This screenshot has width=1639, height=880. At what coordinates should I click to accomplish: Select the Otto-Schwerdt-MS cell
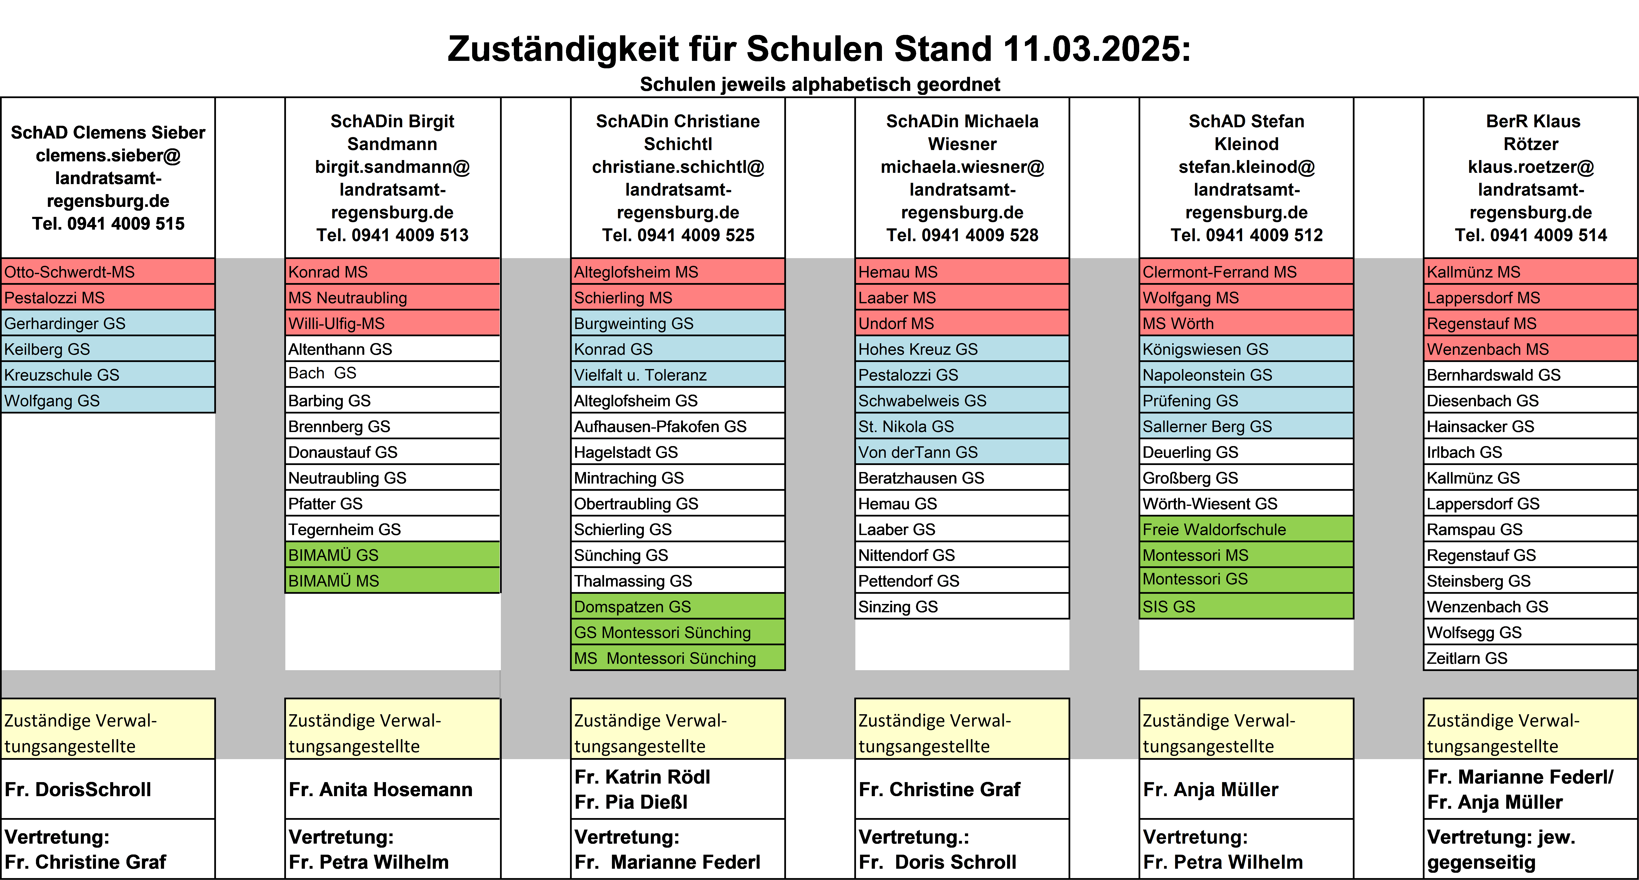[x=108, y=272]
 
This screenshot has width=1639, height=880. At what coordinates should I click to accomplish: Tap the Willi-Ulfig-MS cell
[x=393, y=323]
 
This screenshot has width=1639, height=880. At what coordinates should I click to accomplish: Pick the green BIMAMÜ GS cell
[x=393, y=555]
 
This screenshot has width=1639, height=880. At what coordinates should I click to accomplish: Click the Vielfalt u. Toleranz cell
[x=678, y=375]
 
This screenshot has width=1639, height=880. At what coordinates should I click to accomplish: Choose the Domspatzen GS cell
[x=678, y=606]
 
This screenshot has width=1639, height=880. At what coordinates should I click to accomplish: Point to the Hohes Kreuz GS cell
[x=962, y=349]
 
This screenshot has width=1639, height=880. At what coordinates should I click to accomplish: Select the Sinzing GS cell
[x=962, y=606]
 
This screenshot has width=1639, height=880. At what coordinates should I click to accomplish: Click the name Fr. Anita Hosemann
[x=380, y=790]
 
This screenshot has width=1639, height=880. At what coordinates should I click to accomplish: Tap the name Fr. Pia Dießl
[x=631, y=802]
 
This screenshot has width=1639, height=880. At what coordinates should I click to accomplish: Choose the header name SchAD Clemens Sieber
[x=108, y=132]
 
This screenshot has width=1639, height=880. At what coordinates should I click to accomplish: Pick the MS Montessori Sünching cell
[x=678, y=658]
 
